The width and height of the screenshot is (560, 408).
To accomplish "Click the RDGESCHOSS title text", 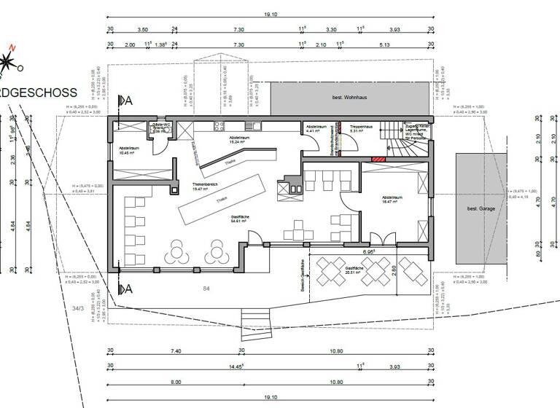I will (39, 93).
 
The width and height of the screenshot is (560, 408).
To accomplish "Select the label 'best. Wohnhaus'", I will (349, 97).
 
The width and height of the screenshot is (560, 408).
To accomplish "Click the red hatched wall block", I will (378, 159).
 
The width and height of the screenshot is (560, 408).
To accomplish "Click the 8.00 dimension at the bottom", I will (176, 382).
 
